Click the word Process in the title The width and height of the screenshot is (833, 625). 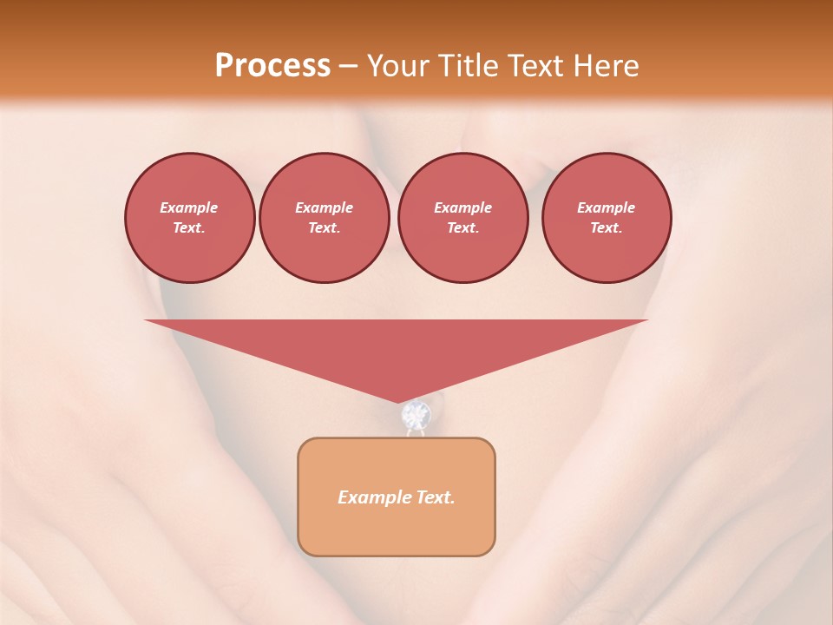[x=272, y=66]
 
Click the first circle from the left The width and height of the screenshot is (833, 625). [x=189, y=218]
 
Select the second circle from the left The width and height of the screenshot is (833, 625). [x=325, y=218]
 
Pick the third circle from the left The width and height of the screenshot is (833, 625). [x=462, y=218]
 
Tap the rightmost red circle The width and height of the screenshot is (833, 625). [x=607, y=218]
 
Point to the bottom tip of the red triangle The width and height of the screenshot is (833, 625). [x=398, y=401]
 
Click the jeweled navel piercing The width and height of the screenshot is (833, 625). [x=416, y=417]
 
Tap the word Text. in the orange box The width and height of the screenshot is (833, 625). [x=434, y=497]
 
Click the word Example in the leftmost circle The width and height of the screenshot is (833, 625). [x=189, y=207]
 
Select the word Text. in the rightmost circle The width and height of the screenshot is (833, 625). [x=607, y=228]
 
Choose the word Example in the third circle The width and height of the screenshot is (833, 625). [x=462, y=207]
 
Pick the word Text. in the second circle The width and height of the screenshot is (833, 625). [x=325, y=228]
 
